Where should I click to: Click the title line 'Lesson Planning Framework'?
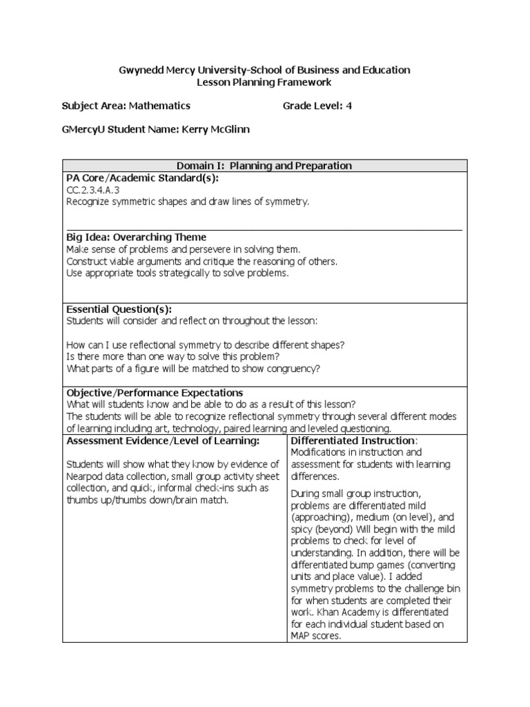click(265, 82)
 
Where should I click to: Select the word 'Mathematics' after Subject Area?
click(159, 106)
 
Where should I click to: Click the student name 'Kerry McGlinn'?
click(214, 129)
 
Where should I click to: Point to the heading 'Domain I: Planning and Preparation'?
click(264, 166)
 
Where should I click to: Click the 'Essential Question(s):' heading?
click(119, 309)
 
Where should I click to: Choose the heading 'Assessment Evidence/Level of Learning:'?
click(162, 440)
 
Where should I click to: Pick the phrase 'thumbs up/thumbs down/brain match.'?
click(146, 501)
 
